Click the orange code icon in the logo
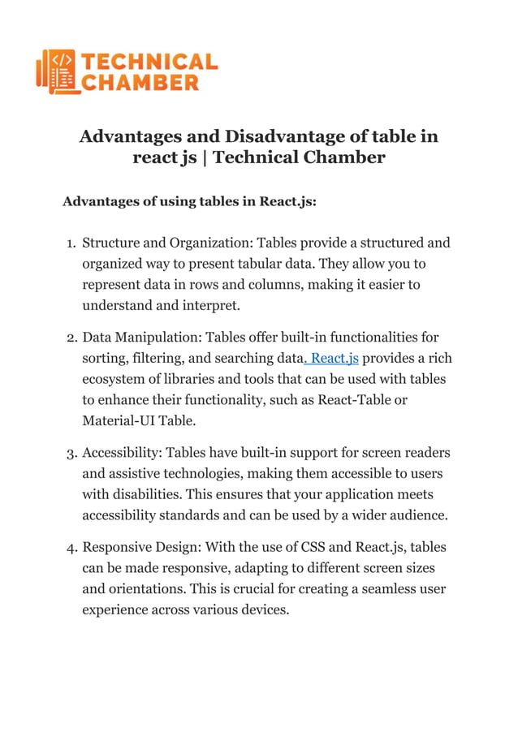coord(57,71)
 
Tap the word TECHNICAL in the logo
coord(150,62)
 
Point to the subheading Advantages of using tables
coord(189,200)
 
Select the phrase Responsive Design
coord(141,547)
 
